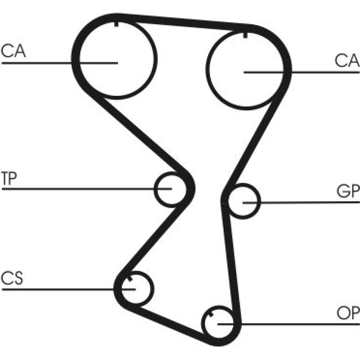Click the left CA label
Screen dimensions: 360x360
[x=13, y=51]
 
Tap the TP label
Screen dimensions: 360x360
[x=9, y=180]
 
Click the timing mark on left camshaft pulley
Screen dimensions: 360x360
[x=117, y=24]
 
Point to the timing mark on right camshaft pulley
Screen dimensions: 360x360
[x=245, y=35]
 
